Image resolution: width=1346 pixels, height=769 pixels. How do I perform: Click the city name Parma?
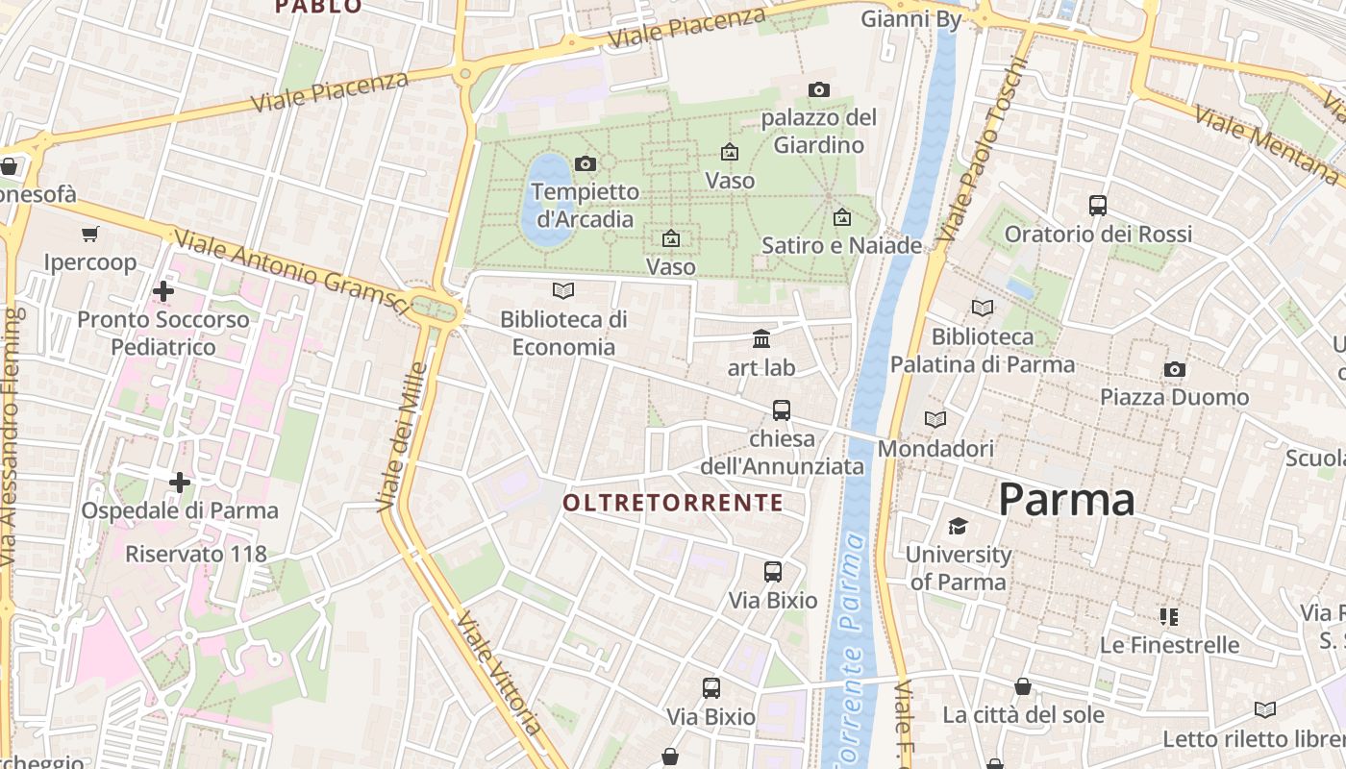click(x=1066, y=500)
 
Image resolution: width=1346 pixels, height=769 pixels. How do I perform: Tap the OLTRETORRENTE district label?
click(x=673, y=503)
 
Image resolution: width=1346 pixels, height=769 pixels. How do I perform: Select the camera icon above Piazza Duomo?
click(x=1174, y=369)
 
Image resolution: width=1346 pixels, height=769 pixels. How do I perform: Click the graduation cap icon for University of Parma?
click(x=958, y=526)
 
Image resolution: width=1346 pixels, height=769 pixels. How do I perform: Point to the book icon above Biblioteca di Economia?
click(x=563, y=290)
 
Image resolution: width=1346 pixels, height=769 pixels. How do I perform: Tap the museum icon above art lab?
click(x=761, y=338)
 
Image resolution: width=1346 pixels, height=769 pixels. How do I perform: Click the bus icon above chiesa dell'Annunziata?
click(x=782, y=410)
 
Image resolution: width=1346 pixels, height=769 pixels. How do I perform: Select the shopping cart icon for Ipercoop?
click(x=90, y=234)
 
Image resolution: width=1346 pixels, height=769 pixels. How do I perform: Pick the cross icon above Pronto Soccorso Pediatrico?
click(x=163, y=290)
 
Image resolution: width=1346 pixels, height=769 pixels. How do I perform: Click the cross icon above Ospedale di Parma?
click(x=179, y=482)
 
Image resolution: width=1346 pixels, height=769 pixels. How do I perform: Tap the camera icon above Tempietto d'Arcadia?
click(x=585, y=163)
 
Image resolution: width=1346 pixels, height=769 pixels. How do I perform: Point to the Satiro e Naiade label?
click(x=841, y=245)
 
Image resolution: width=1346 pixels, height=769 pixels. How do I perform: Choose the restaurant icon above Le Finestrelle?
click(x=1169, y=616)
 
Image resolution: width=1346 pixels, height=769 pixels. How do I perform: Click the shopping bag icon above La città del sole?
click(x=1023, y=686)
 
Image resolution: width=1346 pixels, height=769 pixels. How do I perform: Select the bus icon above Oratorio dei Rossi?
click(x=1097, y=205)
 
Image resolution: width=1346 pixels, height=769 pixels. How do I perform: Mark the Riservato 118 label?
click(x=196, y=554)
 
